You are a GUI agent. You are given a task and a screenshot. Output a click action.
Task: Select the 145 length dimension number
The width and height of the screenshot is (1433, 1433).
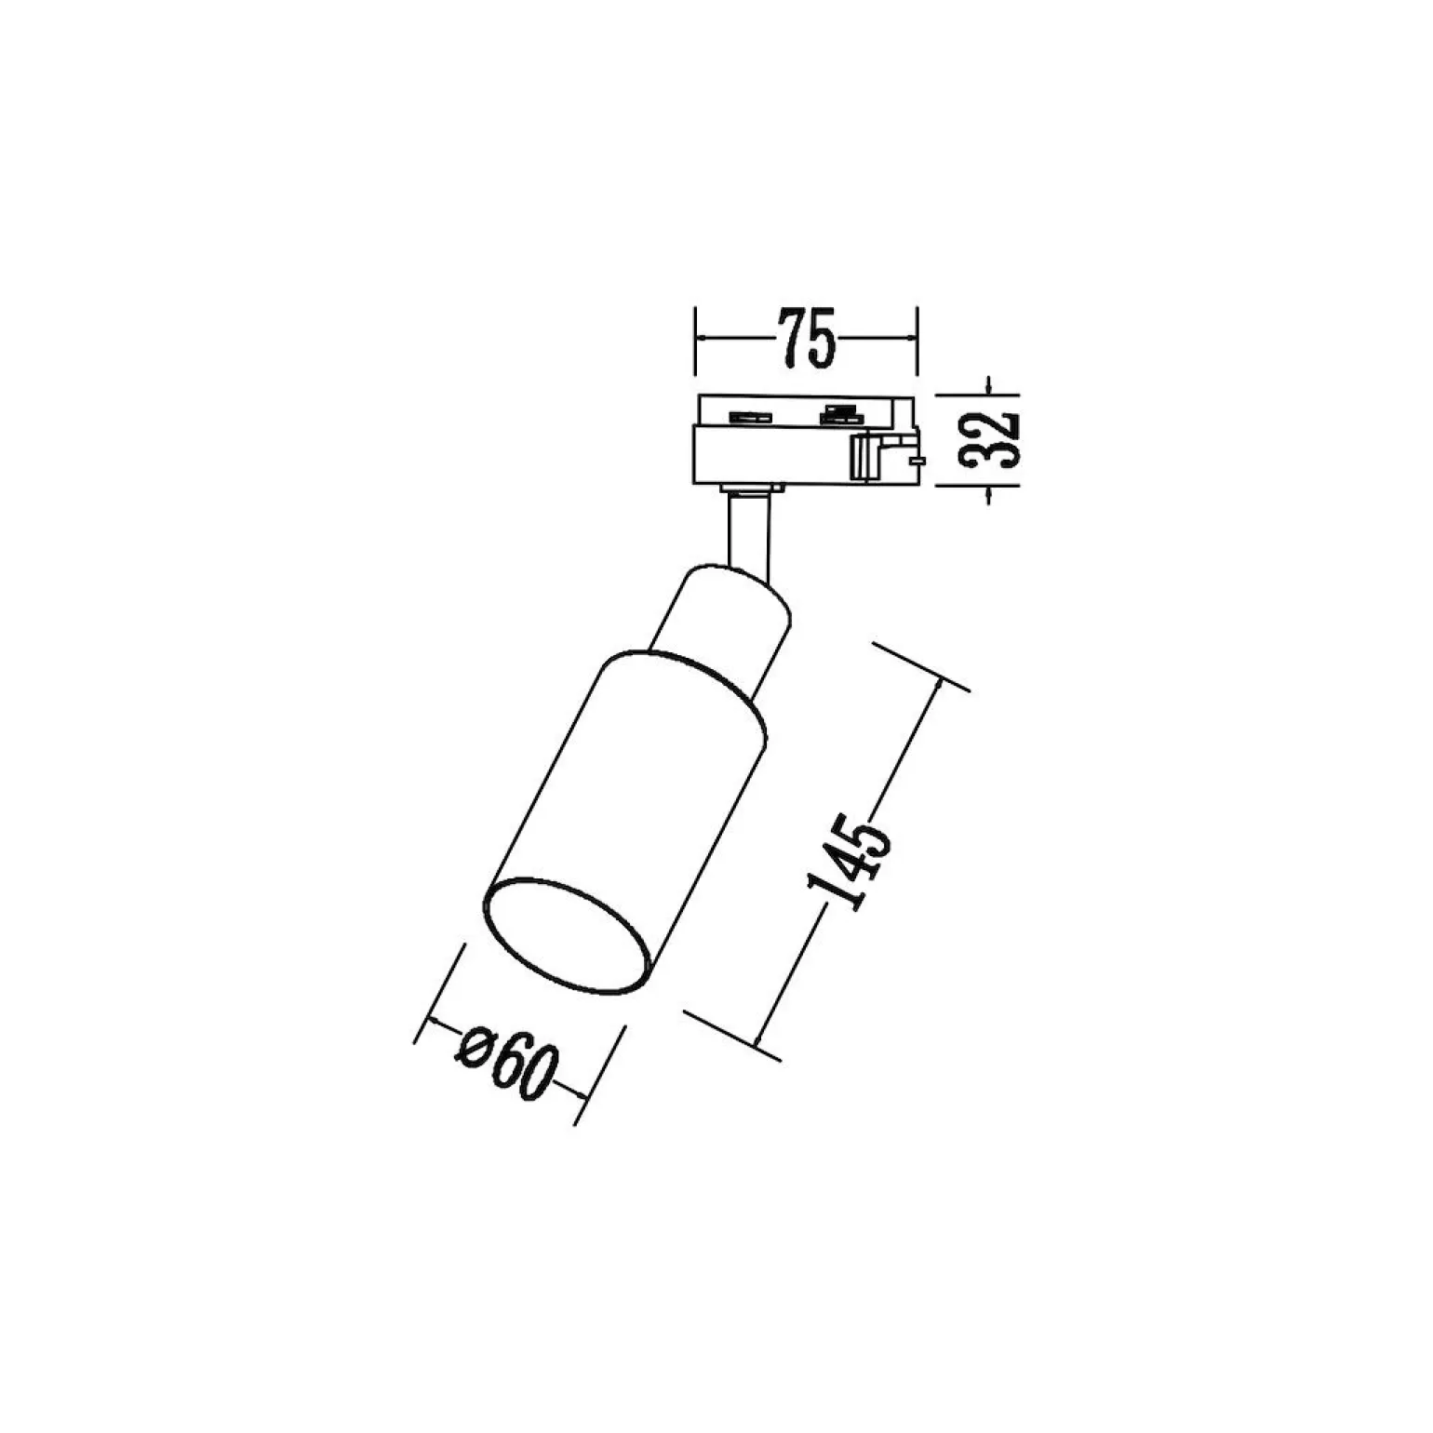(x=850, y=860)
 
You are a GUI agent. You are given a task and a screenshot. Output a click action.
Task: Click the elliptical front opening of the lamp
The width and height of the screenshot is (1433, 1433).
(x=567, y=934)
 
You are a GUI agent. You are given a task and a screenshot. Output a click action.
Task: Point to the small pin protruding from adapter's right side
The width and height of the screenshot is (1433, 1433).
(x=918, y=459)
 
